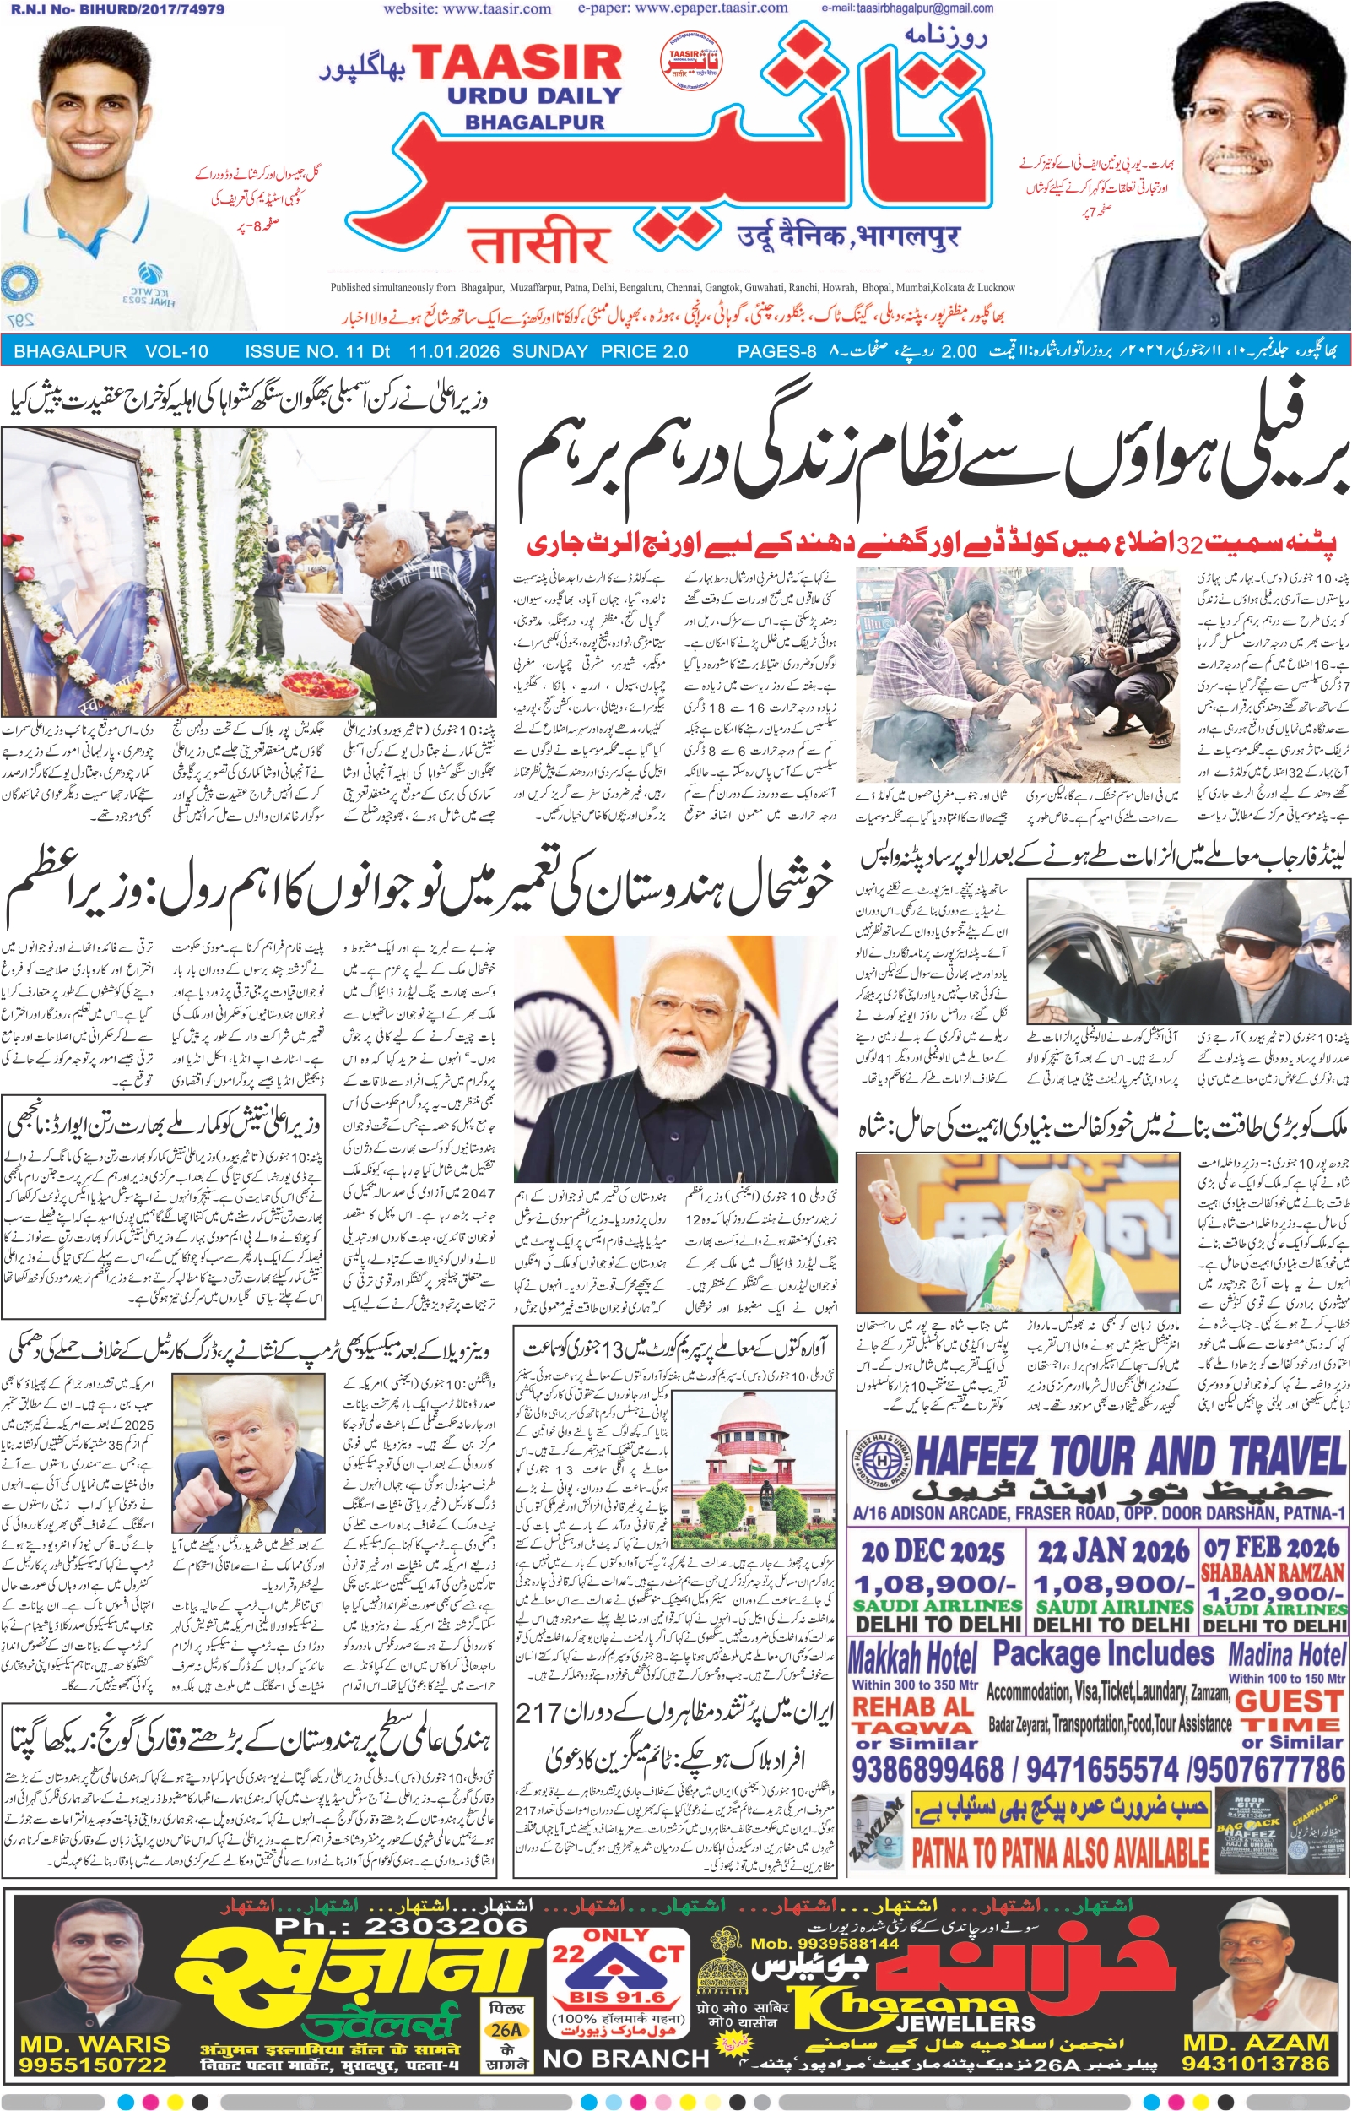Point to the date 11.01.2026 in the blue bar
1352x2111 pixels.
(454, 352)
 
